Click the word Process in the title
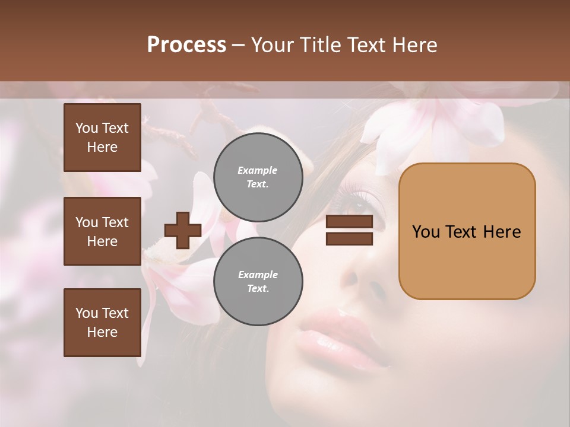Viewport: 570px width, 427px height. pos(186,45)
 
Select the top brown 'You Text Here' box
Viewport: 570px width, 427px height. pos(102,138)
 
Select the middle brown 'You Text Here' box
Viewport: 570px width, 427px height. pos(102,231)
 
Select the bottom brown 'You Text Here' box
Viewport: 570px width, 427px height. pos(102,322)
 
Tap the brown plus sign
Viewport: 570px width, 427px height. pos(183,230)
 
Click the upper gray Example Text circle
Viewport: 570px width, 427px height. pos(258,177)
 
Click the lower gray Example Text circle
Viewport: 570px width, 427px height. pos(258,281)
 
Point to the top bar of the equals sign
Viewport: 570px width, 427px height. pos(349,222)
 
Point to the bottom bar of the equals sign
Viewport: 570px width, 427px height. pos(349,238)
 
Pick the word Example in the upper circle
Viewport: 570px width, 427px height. pos(257,170)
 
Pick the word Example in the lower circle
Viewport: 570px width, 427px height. pos(258,275)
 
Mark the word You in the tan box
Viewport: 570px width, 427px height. pos(426,232)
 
